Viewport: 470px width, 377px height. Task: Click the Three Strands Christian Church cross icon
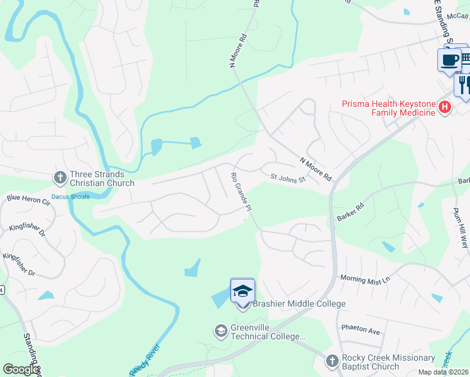60,178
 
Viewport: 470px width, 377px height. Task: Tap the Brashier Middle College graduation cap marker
243,291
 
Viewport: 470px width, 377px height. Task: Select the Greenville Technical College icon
221,330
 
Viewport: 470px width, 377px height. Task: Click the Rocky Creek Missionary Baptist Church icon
332,361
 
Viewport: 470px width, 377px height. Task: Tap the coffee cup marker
449,60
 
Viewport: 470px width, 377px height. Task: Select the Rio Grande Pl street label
241,192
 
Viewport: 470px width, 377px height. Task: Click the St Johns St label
288,180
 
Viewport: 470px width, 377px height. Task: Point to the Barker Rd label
351,210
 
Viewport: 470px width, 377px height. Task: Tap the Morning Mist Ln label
365,278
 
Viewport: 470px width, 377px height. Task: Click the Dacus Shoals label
70,197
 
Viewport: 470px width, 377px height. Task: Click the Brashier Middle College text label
299,304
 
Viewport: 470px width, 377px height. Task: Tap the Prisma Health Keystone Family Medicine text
389,108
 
